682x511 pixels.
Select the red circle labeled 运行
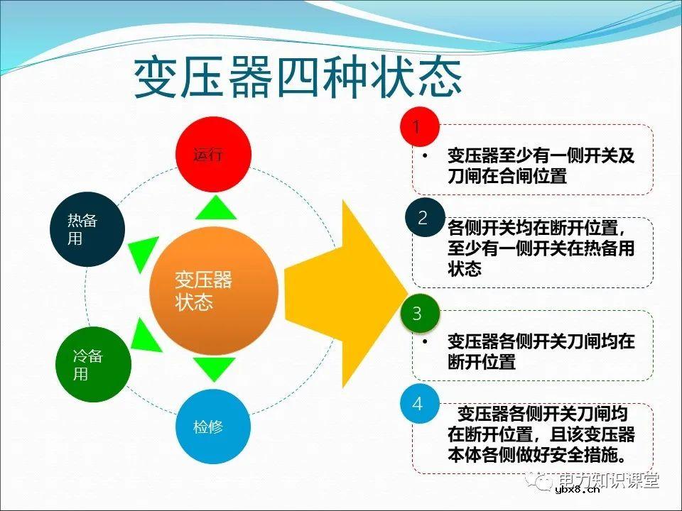[213, 155]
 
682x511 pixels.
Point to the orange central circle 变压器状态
[212, 291]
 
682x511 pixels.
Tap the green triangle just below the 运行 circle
[215, 207]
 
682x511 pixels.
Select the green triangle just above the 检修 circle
[215, 369]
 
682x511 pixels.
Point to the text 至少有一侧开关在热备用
[540, 248]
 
